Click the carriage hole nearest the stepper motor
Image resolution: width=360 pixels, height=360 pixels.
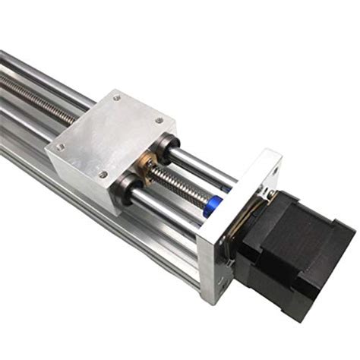point(159,121)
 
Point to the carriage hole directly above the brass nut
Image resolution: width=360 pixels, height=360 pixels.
point(103,174)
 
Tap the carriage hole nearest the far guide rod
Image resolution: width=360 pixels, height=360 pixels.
point(115,97)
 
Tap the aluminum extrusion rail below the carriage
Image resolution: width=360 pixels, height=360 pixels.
point(114,228)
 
